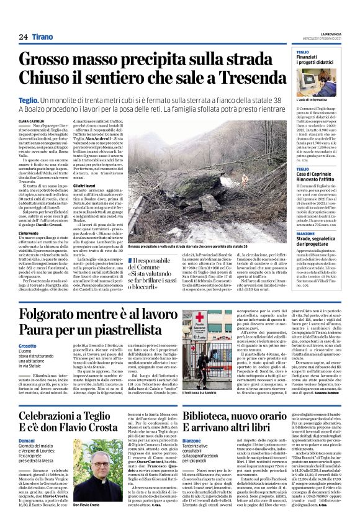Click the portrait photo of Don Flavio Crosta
click(x=94, y=480)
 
